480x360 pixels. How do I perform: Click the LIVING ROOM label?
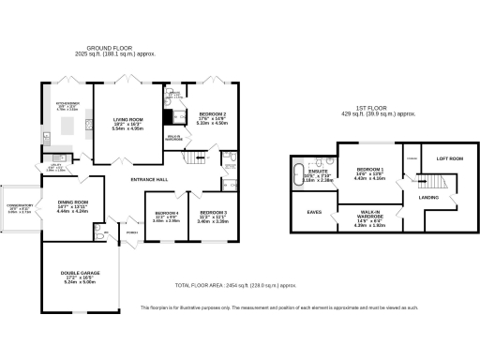point(127,120)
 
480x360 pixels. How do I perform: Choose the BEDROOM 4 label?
point(165,212)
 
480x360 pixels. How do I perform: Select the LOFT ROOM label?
point(451,158)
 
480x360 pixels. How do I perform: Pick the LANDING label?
point(429,197)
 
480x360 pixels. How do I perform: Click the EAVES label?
point(315,212)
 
